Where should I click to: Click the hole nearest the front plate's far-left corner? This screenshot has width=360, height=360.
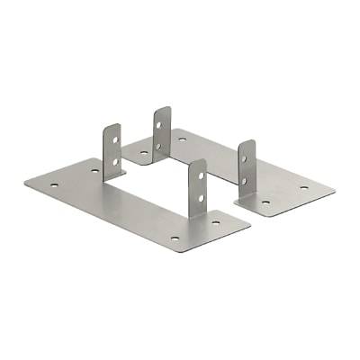pos(54,186)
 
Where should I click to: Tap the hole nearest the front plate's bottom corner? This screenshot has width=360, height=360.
pos(175,238)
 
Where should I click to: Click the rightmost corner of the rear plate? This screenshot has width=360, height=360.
pos(335,190)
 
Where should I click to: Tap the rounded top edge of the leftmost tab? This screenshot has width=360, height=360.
pos(110,125)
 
